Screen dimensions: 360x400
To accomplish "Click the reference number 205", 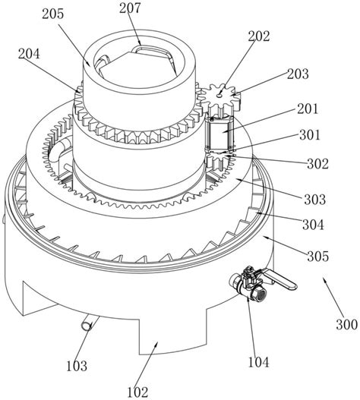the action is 52,14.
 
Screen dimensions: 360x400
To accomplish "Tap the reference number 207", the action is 130,8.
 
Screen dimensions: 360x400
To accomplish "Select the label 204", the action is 29,54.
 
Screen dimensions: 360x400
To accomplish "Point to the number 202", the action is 259,36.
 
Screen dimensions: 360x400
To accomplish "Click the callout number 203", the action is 298,74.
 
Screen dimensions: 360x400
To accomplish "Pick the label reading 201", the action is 308,109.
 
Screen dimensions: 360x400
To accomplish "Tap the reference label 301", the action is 310,134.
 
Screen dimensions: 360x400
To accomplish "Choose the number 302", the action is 317,163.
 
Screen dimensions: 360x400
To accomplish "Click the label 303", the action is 314,199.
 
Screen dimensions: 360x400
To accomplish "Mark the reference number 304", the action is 313,225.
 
